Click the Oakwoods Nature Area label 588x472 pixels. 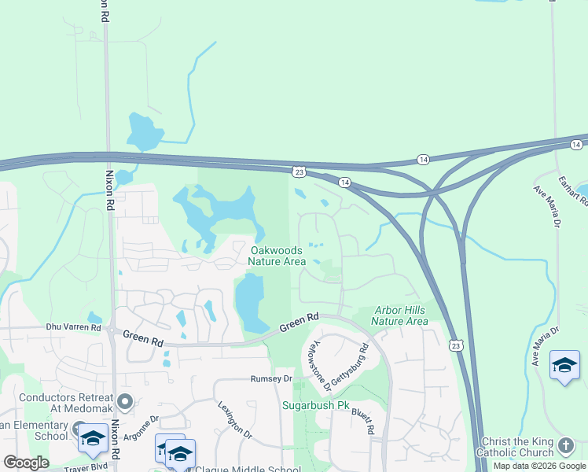pos(277,256)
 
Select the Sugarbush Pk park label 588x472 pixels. pos(315,406)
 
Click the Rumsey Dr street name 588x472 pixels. pos(271,378)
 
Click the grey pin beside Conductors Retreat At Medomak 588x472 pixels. pos(124,404)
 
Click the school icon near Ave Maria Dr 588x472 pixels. pos(564,364)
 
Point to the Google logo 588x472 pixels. pos(26,463)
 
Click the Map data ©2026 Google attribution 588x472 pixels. pos(540,466)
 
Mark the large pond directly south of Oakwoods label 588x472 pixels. pos(251,303)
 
